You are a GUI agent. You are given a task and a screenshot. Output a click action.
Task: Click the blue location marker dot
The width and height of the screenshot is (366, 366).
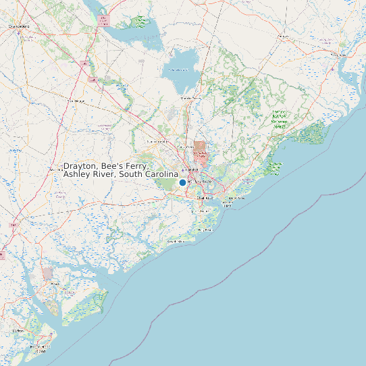(182, 182)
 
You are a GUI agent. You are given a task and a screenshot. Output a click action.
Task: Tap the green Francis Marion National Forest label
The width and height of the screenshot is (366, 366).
(279, 119)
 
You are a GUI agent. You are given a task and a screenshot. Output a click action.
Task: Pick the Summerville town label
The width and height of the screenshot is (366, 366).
(157, 142)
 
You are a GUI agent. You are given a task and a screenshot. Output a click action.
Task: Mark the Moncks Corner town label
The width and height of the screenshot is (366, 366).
(190, 99)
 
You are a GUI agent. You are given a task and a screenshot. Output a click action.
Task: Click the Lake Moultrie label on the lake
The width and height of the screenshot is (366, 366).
(178, 70)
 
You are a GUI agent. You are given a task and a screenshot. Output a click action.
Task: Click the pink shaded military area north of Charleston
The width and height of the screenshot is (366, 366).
(199, 147)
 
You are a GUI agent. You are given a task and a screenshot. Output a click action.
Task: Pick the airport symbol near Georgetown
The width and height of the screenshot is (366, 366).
(333, 69)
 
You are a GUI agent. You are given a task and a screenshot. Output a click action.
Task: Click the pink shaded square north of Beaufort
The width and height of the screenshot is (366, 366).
(47, 273)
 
